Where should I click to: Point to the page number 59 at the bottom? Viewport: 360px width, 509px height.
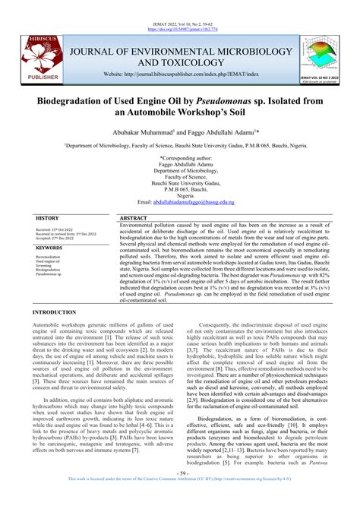pyautogui.click(x=180, y=495)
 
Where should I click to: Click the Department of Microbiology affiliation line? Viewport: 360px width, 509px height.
pyautogui.click(x=180, y=143)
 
